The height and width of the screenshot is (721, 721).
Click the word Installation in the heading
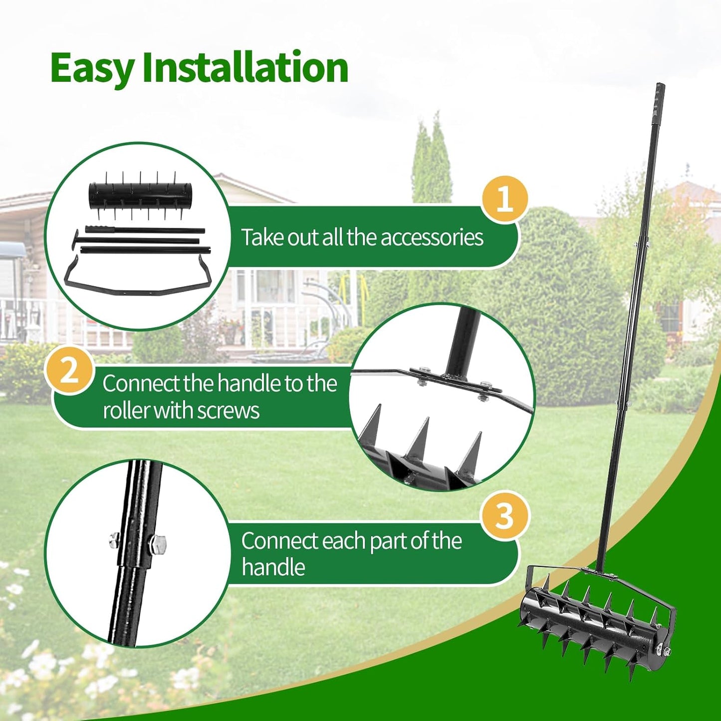pos(245,68)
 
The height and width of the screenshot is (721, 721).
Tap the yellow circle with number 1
pos(504,199)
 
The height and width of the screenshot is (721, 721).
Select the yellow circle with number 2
pos(69,371)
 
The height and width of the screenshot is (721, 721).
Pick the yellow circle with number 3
pos(504,515)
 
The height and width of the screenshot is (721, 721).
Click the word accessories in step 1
pos(432,237)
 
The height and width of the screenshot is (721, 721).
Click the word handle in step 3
pos(273,568)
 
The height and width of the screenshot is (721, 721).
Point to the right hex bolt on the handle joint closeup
pos(159,542)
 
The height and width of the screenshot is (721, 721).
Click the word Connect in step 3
pos(279,541)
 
